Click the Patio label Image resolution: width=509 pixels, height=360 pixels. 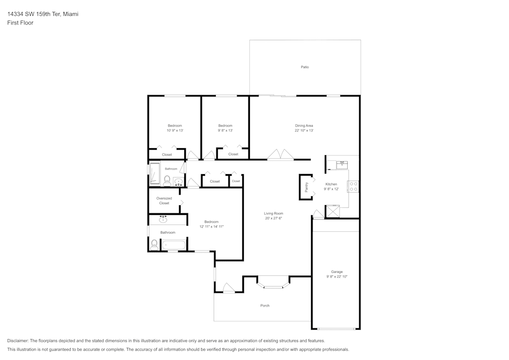click(x=304, y=67)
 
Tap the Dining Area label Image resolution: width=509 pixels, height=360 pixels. click(x=304, y=126)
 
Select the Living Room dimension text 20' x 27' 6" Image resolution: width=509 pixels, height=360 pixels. click(x=273, y=218)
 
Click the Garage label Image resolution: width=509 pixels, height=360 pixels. click(x=336, y=272)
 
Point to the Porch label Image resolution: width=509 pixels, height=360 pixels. click(x=265, y=306)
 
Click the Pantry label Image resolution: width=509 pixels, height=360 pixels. click(x=306, y=187)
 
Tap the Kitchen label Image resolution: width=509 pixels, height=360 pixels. click(x=331, y=184)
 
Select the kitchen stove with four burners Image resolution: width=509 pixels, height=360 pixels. click(x=353, y=186)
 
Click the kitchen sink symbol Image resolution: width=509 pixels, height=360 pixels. click(x=342, y=164)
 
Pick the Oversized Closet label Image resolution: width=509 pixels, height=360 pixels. click(x=164, y=201)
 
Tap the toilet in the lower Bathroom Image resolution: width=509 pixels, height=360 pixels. click(x=154, y=244)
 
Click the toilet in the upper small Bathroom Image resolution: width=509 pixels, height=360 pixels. click(x=167, y=180)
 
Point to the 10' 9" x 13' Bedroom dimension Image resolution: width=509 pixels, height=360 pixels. click(x=175, y=130)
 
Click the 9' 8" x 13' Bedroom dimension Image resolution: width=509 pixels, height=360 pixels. click(x=225, y=130)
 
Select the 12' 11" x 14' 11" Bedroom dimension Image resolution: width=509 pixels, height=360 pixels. click(x=211, y=226)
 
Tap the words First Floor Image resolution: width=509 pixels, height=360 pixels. click(x=20, y=23)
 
